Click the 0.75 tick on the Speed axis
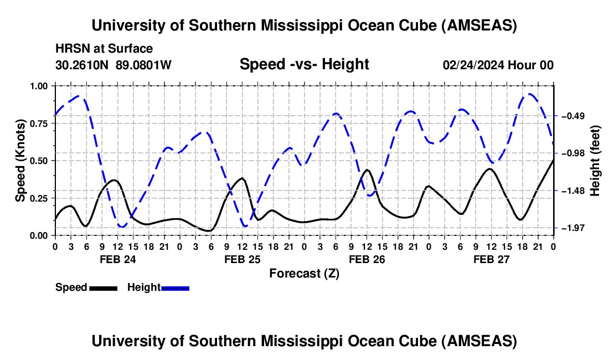(41, 124)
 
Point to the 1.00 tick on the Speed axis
(41, 86)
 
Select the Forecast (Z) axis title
(304, 273)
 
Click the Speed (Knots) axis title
(20, 161)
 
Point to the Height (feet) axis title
(595, 161)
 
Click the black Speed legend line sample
(102, 288)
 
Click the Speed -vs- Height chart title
(304, 65)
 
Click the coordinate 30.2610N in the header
(83, 65)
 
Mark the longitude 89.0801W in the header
(144, 65)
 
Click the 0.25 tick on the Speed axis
(41, 198)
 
